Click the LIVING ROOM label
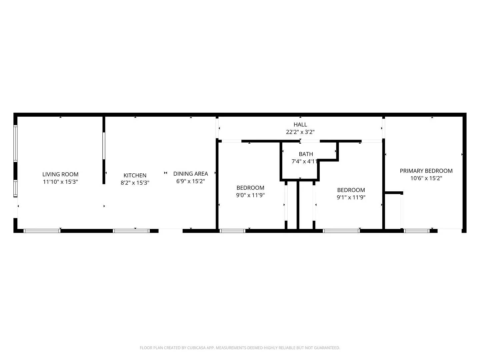point(60,174)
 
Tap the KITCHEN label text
point(135,175)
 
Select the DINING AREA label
point(190,174)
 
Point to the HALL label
point(300,125)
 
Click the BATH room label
point(306,154)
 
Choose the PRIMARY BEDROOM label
point(426,171)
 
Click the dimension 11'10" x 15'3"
point(60,182)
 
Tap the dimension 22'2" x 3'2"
point(300,132)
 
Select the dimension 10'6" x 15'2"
point(426,178)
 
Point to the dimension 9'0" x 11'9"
point(250,195)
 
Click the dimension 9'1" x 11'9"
point(351,197)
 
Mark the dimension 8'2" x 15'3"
point(135,183)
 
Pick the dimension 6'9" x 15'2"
point(190,181)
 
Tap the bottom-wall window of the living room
point(42,231)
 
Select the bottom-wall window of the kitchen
point(131,231)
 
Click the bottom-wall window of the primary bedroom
point(417,231)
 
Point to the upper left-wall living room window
point(15,143)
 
